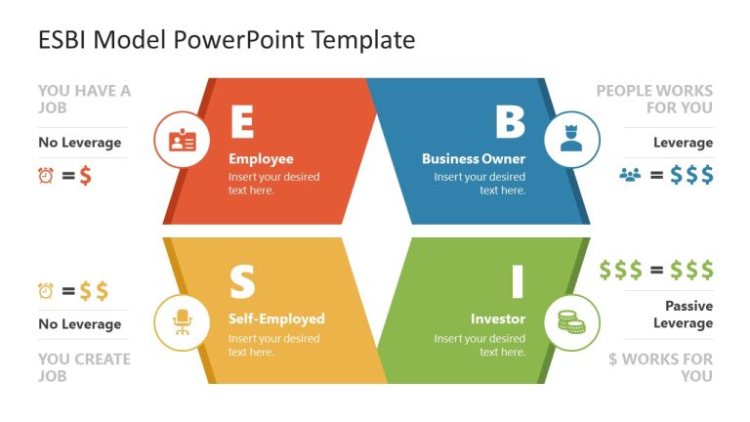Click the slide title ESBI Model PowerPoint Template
point(227,40)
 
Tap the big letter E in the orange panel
point(241,122)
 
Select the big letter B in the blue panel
point(510,122)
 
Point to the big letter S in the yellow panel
point(241,282)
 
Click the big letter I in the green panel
point(518,282)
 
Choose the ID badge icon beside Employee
point(183,140)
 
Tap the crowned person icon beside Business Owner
point(570,140)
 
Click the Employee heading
point(261,159)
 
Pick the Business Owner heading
point(474,159)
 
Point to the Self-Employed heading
point(276,318)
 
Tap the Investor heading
point(498,318)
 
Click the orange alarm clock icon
point(46,176)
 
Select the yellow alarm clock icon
point(46,290)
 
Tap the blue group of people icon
point(630,176)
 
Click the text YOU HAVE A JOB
point(84,99)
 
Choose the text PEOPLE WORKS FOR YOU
point(654,99)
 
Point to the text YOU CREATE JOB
point(84,366)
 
